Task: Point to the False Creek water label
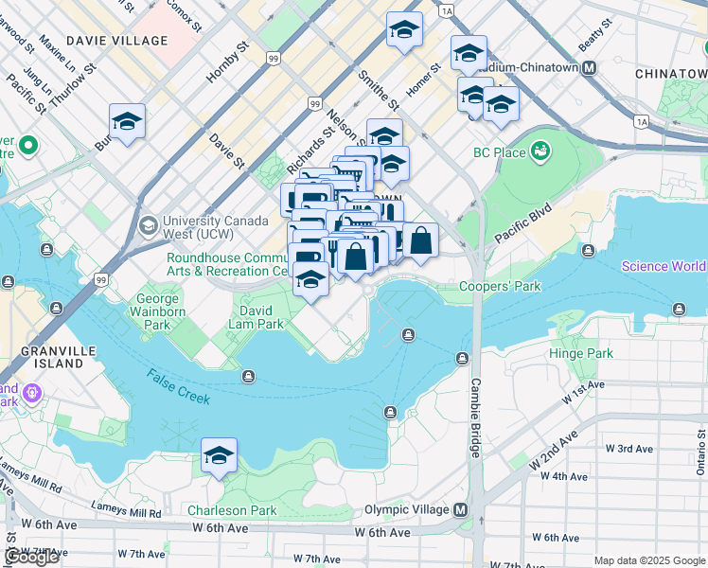178,387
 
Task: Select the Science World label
663,266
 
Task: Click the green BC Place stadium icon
540,151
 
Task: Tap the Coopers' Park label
499,286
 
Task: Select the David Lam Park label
261,317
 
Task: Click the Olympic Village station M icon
461,510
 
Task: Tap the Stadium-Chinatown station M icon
589,68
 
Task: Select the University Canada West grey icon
148,225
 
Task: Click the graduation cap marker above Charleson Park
219,457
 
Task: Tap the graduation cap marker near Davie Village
127,122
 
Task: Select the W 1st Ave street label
582,392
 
